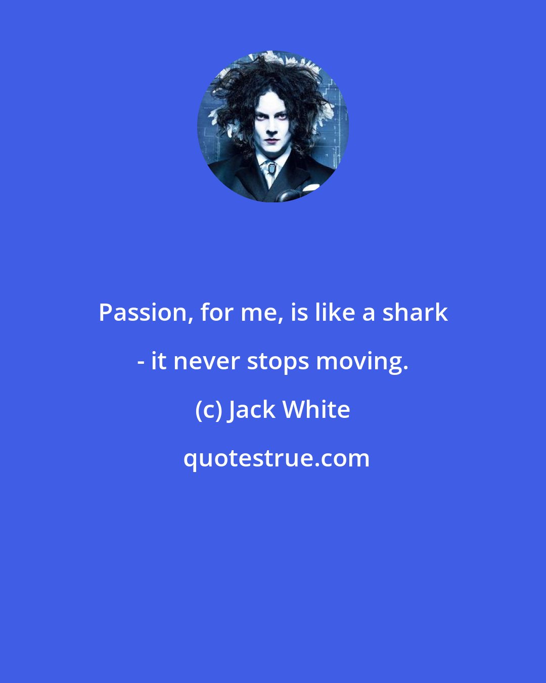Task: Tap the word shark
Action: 415,312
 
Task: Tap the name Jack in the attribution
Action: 252,410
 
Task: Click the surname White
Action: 316,409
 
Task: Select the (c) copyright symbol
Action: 209,410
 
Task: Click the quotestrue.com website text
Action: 276,458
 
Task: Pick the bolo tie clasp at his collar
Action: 271,167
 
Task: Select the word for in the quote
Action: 215,312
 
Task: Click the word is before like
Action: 299,312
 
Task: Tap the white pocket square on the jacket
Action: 309,188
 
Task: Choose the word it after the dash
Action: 159,361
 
